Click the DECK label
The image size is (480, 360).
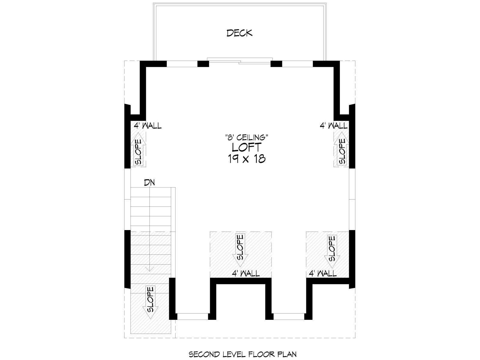[239, 33]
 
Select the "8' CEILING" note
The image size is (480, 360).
[247, 137]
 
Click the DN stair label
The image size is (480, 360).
[150, 182]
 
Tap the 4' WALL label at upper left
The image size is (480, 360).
[148, 126]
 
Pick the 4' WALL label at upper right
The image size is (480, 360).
[334, 126]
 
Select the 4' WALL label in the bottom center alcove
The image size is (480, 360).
[246, 273]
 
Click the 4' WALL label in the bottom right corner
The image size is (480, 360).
[322, 273]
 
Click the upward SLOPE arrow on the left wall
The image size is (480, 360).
[138, 150]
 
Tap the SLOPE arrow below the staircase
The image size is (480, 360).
[150, 302]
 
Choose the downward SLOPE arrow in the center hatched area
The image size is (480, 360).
[240, 250]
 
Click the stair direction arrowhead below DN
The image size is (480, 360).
[150, 269]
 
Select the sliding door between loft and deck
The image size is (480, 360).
[240, 61]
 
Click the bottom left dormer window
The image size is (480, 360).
[192, 316]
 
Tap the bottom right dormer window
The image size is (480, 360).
[289, 316]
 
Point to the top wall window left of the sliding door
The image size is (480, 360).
[182, 64]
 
